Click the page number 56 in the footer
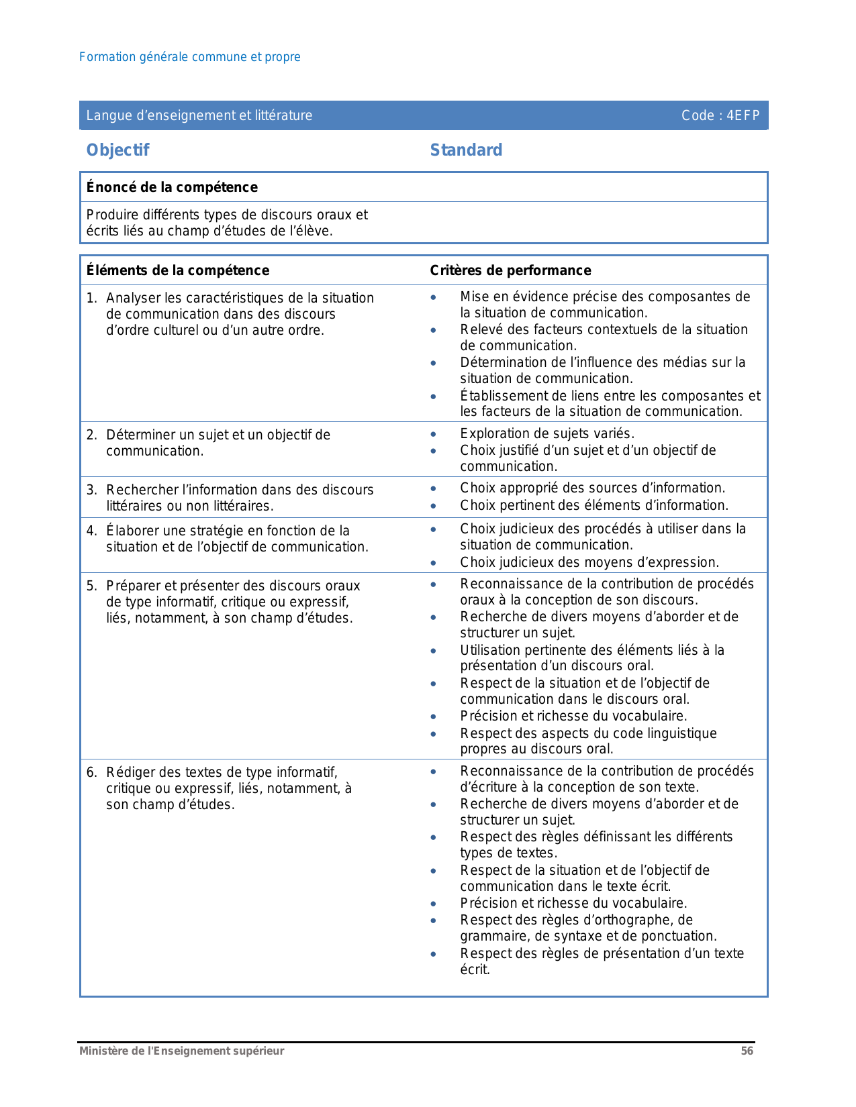[747, 1051]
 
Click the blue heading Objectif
[117, 150]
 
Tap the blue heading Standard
[466, 150]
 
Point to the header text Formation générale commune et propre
[189, 57]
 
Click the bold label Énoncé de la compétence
[172, 187]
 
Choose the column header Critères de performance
[510, 270]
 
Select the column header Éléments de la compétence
[177, 270]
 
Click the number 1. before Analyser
[91, 298]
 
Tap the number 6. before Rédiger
[91, 772]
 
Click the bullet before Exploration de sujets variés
[434, 434]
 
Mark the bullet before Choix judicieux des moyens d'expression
[434, 563]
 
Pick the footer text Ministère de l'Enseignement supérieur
[181, 1051]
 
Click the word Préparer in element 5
[134, 586]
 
